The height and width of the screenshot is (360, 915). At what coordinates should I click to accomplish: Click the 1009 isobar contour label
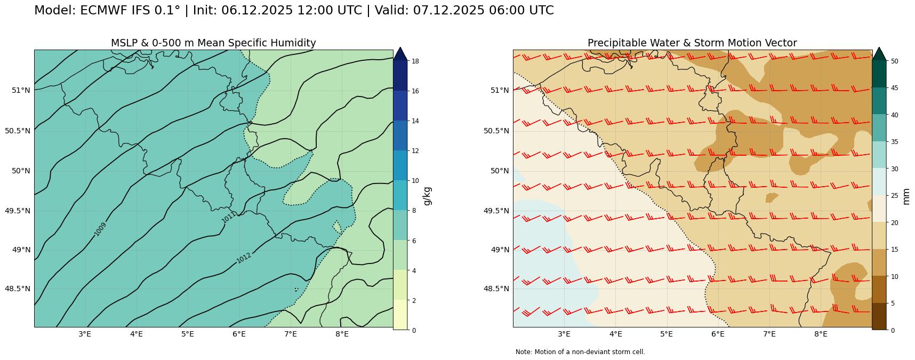tap(100, 229)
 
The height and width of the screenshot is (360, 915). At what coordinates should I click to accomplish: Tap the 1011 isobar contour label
tap(228, 218)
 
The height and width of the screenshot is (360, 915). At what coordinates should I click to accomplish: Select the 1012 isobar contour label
tap(244, 258)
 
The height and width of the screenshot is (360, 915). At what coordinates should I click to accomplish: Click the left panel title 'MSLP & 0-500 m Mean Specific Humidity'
tap(213, 43)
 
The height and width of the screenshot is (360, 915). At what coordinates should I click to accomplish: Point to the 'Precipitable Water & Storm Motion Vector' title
tap(692, 43)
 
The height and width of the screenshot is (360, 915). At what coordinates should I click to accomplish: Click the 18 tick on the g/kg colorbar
tap(414, 61)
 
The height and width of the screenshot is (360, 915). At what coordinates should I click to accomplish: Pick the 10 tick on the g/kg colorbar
tap(414, 181)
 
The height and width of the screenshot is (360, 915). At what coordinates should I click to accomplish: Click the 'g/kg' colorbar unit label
tap(427, 196)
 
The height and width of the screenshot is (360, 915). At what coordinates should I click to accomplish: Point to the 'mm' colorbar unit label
tap(906, 196)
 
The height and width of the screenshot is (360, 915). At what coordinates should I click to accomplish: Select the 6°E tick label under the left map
tap(239, 334)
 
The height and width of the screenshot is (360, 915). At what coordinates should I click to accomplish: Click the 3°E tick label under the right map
tap(564, 334)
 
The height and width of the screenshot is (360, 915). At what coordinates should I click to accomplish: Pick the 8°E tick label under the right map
tap(821, 334)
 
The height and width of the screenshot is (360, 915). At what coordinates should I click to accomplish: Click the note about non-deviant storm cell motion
tap(580, 352)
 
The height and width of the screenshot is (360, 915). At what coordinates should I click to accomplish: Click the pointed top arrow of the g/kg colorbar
tap(400, 53)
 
